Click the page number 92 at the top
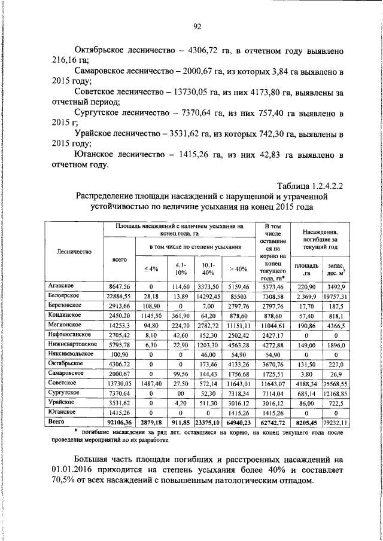tap(196, 26)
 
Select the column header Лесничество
tap(75, 252)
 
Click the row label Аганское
tap(62, 287)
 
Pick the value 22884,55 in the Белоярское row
tap(118, 297)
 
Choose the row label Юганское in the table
tap(62, 412)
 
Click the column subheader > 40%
tap(238, 269)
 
